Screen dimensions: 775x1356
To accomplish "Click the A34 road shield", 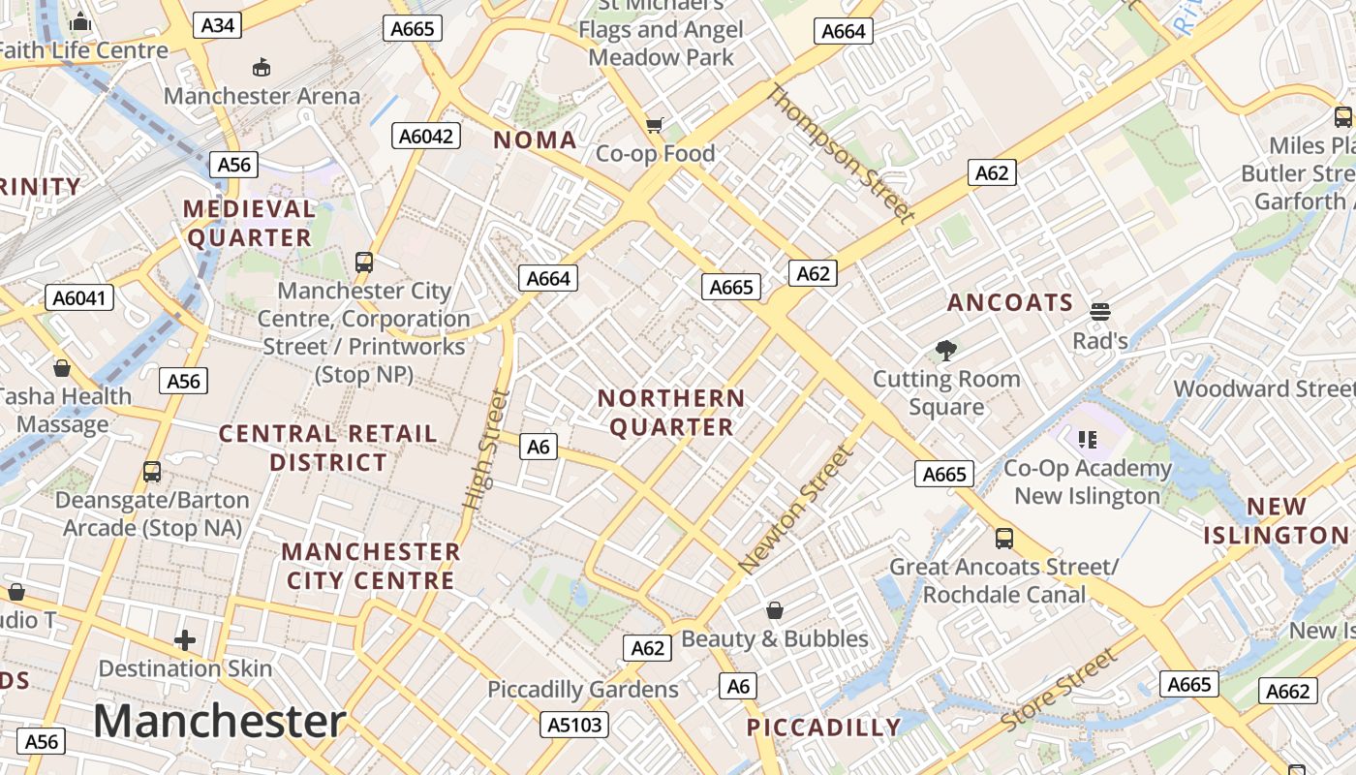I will pyautogui.click(x=217, y=25).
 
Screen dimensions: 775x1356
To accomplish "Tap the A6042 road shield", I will pyautogui.click(x=426, y=136).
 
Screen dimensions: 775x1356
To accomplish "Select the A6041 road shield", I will pyautogui.click(x=79, y=297).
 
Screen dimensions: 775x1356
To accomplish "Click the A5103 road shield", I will pyautogui.click(x=574, y=724).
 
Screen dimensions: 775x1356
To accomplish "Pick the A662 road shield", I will pyautogui.click(x=1288, y=691).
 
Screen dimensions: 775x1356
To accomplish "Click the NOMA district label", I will pyautogui.click(x=536, y=140).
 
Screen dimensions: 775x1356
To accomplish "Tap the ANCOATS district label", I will pyautogui.click(x=1010, y=303).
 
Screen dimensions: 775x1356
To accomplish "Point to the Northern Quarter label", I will pyautogui.click(x=671, y=413).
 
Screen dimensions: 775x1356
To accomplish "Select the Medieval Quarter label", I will pyautogui.click(x=249, y=223).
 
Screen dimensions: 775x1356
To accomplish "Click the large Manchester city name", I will pyautogui.click(x=220, y=722).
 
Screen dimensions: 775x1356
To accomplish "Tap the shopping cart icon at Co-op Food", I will pyautogui.click(x=655, y=125).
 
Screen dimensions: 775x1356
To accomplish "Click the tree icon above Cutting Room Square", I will pyautogui.click(x=946, y=351).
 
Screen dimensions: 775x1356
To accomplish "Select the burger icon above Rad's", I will pyautogui.click(x=1099, y=312).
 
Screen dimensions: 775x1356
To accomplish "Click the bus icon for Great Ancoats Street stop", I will pyautogui.click(x=1004, y=539).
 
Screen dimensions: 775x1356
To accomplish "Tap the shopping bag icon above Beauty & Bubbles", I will pyautogui.click(x=774, y=610).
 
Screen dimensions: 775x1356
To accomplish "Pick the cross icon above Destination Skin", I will pyautogui.click(x=185, y=640).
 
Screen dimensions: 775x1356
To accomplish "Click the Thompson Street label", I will pyautogui.click(x=841, y=154).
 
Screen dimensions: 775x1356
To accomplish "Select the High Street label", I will pyautogui.click(x=485, y=449).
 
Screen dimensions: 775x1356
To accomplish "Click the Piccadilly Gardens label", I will pyautogui.click(x=583, y=690).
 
